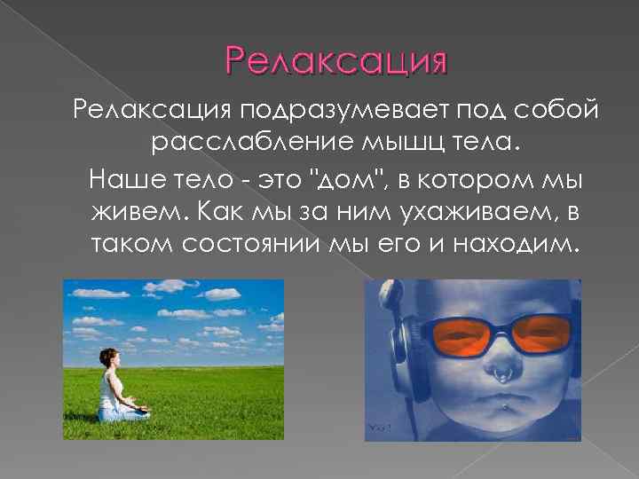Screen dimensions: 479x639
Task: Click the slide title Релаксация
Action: [336, 63]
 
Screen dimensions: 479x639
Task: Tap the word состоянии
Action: [242, 244]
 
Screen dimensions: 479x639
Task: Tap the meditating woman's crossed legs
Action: [125, 412]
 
